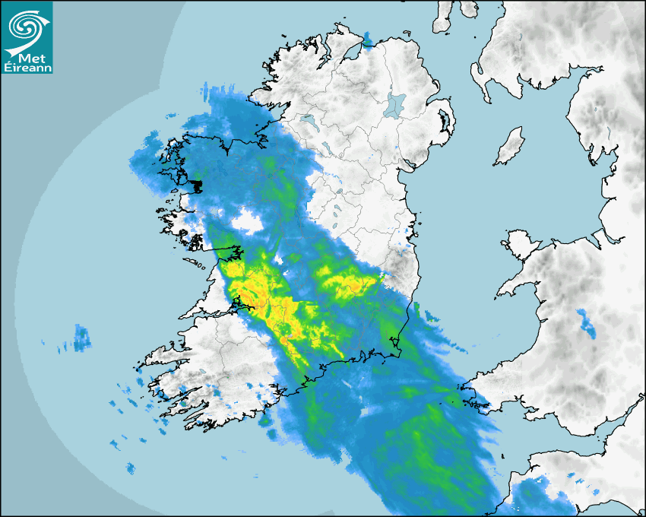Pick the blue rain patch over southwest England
click(x=543, y=494)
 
